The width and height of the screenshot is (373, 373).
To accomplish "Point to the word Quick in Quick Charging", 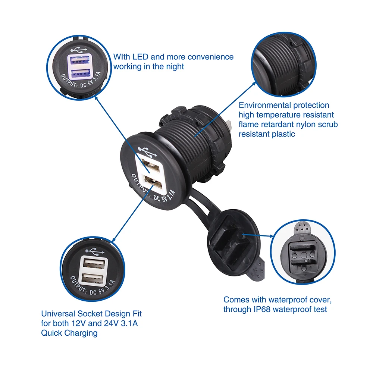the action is [x=51, y=333].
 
